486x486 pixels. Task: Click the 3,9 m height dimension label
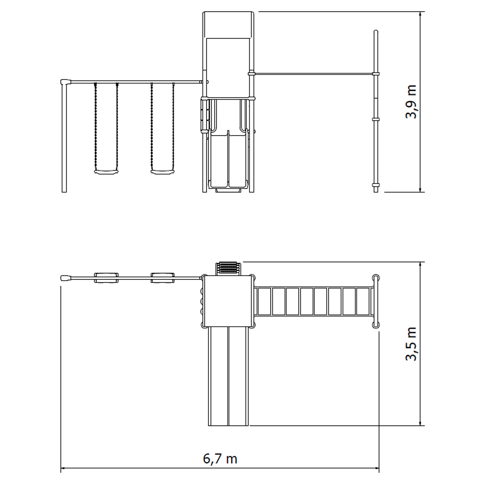(411, 102)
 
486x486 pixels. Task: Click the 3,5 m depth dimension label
(411, 344)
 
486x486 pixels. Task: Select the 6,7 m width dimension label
(220, 458)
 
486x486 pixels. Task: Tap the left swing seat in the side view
(106, 172)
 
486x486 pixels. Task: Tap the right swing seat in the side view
(162, 172)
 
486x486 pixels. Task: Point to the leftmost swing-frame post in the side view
(64, 138)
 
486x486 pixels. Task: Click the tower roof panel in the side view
(228, 25)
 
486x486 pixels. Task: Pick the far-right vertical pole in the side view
(376, 111)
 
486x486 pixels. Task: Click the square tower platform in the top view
(228, 301)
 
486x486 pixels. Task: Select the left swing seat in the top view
(106, 278)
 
